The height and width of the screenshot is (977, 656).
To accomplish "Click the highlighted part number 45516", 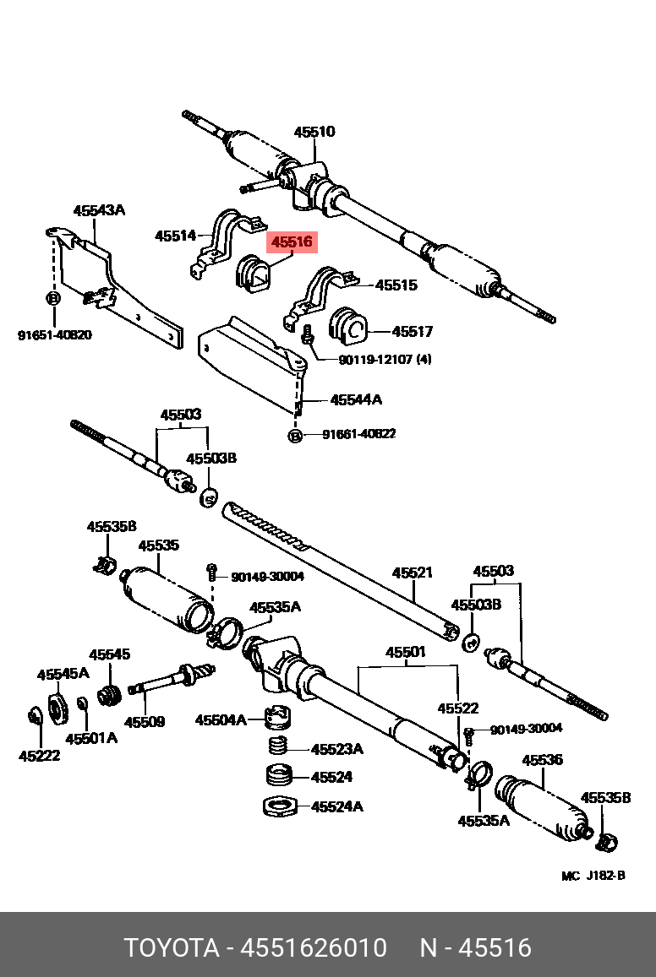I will (x=292, y=242).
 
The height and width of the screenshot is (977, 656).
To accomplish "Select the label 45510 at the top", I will (x=314, y=132).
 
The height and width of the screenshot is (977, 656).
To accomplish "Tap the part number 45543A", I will (x=98, y=210).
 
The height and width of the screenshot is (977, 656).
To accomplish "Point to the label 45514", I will (x=175, y=236).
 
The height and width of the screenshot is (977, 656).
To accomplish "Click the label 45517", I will (x=413, y=332).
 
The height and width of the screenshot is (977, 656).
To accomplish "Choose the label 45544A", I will (x=356, y=399).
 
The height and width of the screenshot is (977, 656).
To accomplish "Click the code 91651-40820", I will (x=55, y=335).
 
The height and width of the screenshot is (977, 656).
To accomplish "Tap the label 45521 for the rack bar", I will (x=412, y=573).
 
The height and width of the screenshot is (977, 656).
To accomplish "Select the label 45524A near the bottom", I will (x=337, y=806).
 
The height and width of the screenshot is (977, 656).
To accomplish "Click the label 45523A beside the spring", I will (x=336, y=749).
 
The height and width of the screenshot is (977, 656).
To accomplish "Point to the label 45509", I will (x=145, y=722).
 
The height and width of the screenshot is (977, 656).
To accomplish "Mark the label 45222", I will (x=40, y=756).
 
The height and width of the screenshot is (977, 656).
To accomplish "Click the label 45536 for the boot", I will (x=542, y=760).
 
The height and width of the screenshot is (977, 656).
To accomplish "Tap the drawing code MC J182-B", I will (x=593, y=876).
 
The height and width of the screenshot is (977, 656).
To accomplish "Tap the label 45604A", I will (x=221, y=720).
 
